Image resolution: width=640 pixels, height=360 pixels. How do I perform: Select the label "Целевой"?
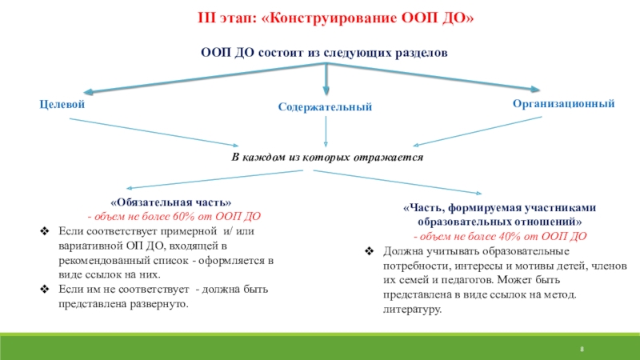[x=62, y=105]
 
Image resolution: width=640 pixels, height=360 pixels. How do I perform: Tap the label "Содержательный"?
[x=325, y=107]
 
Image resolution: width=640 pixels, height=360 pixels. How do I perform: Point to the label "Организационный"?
[x=563, y=104]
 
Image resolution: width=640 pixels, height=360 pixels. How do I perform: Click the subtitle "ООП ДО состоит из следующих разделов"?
[x=323, y=52]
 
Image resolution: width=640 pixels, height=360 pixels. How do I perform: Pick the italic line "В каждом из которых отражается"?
[x=327, y=158]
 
